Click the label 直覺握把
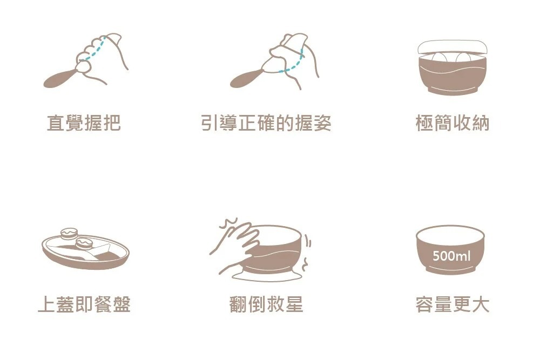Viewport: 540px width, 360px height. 84,124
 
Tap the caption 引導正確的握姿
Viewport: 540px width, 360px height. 266,124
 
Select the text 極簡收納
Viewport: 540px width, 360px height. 453,124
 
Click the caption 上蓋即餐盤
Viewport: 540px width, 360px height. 84,304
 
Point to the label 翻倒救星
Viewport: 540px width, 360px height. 266,304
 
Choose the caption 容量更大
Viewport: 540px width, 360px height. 453,304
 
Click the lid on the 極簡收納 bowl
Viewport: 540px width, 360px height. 453,45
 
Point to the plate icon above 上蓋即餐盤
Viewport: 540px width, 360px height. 86,254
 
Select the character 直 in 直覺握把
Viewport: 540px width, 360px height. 56,124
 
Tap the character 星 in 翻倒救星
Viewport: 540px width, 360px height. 293,304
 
